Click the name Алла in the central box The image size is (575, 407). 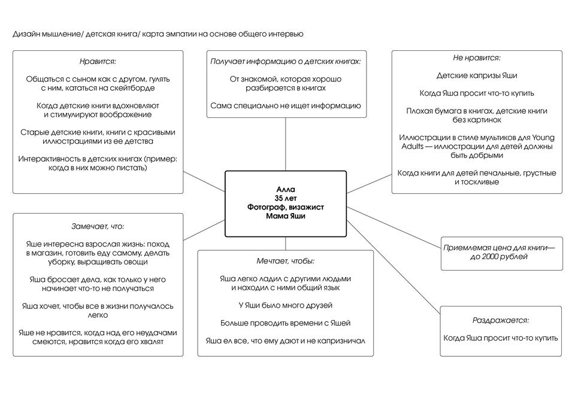click(285, 189)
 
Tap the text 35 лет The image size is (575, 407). click(285, 198)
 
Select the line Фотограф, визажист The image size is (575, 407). click(285, 207)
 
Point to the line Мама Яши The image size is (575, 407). click(285, 216)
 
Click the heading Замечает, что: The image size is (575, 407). click(98, 227)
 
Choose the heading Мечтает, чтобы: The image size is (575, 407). click(285, 261)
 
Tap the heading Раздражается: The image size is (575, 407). click(501, 320)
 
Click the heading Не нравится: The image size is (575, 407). click(477, 58)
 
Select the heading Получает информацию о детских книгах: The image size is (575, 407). click(285, 61)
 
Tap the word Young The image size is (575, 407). click(543, 138)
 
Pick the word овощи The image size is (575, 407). click(138, 262)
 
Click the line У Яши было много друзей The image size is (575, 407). click(285, 305)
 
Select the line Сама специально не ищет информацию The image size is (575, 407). click(285, 106)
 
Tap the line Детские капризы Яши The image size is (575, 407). click(477, 75)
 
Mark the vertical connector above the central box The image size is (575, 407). click(285, 144)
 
